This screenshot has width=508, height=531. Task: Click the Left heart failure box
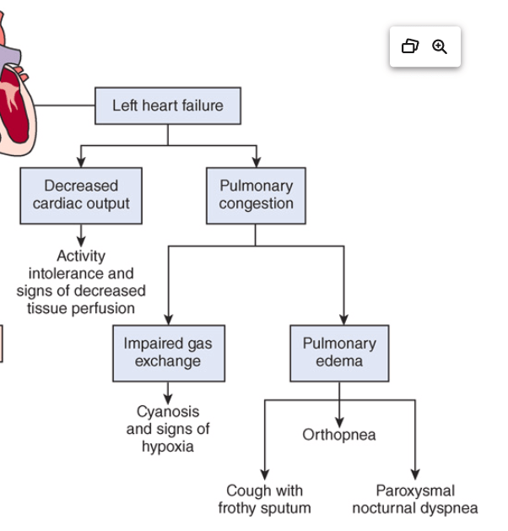[x=168, y=106]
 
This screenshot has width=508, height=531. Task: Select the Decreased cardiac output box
[x=81, y=195]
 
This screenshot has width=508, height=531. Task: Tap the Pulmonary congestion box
[x=256, y=195]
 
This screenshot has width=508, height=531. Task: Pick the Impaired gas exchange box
[x=168, y=353]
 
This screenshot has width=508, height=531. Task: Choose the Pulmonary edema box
[x=339, y=353]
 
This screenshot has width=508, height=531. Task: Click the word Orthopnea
[x=339, y=435]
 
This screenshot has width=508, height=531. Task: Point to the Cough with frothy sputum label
[x=264, y=499]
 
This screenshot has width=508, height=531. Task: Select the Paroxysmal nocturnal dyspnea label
[x=414, y=499]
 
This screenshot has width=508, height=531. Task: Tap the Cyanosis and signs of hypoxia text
[x=168, y=429]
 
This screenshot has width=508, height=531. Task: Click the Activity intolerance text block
[x=81, y=282]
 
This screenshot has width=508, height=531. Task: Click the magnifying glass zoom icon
[x=440, y=46]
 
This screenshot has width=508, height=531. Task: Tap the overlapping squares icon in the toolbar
[x=410, y=46]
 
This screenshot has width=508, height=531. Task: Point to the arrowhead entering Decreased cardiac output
[x=81, y=161]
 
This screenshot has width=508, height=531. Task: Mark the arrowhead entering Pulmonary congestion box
[x=256, y=161]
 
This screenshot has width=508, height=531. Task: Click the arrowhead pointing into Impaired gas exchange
[x=168, y=319]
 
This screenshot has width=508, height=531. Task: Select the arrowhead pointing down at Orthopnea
[x=339, y=420]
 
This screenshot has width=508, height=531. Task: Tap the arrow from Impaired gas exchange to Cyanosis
[x=168, y=393]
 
